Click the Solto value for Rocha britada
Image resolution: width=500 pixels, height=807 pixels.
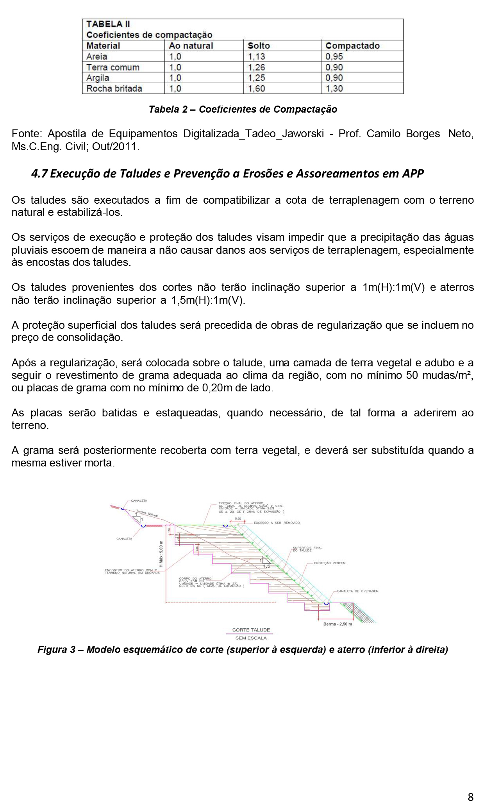click(x=257, y=89)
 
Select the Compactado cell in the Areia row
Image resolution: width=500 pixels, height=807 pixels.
click(x=334, y=57)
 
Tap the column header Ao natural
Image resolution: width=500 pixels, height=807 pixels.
click(x=191, y=46)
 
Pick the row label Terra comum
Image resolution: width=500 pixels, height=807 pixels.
click(x=113, y=67)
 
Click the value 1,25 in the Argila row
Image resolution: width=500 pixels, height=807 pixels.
click(x=257, y=78)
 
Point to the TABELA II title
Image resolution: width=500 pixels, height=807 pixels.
click(x=108, y=24)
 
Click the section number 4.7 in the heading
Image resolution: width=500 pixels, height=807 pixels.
click(x=39, y=174)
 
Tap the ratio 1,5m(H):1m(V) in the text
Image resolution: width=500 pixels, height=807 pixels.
click(x=208, y=300)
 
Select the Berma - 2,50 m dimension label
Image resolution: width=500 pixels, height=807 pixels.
click(x=337, y=624)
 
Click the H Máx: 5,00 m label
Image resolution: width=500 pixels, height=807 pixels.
click(x=161, y=554)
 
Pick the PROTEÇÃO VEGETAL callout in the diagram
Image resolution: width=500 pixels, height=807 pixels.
click(x=330, y=563)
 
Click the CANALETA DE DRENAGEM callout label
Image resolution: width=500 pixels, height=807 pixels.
click(x=357, y=591)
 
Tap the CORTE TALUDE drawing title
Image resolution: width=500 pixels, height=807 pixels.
click(x=251, y=630)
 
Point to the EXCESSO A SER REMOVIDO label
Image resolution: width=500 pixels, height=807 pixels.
click(x=277, y=523)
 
